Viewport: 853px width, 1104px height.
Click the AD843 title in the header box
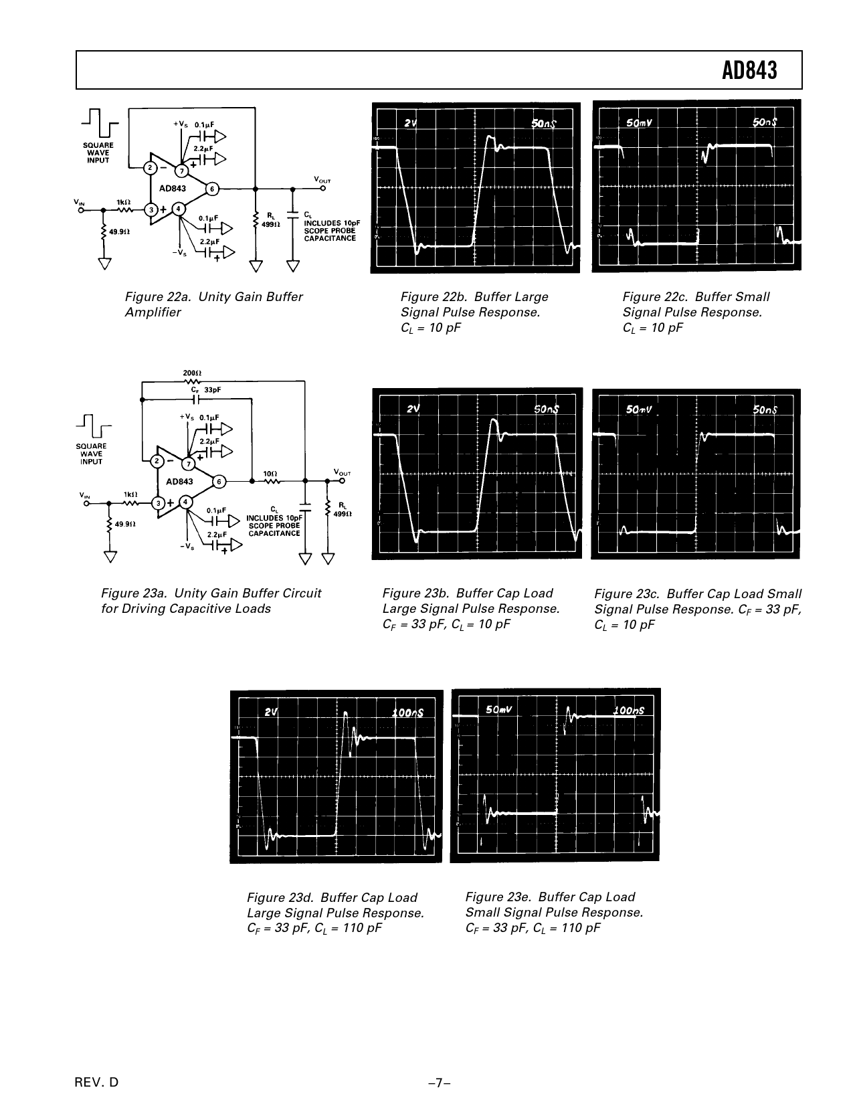tap(749, 71)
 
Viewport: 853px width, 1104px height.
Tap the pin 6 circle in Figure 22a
tap(212, 189)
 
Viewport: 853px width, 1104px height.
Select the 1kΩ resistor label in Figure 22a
tap(124, 202)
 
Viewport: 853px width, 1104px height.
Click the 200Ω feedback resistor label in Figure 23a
tap(192, 373)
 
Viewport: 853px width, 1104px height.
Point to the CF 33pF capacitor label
tap(206, 389)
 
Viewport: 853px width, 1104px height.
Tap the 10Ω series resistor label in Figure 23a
tap(270, 474)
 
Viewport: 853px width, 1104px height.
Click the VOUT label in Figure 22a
tap(322, 180)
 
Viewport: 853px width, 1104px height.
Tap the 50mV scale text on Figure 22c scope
tap(639, 123)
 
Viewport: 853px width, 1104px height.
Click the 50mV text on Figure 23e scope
tap(498, 710)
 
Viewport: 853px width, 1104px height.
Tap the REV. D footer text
tap(96, 1083)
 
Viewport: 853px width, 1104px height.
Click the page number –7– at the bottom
tap(440, 1083)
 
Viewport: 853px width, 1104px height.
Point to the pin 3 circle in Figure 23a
tap(159, 503)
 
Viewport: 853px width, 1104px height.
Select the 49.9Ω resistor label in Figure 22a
tap(119, 232)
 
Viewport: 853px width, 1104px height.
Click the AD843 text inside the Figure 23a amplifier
tap(179, 482)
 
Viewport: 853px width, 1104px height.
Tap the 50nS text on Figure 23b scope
tap(546, 409)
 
